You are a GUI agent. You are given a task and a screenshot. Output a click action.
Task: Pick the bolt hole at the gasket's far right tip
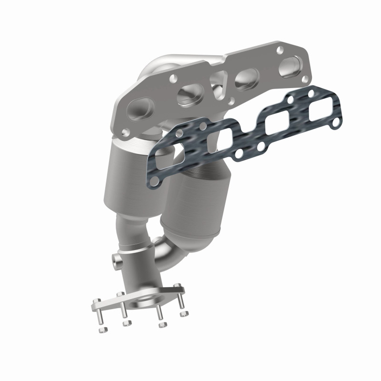[336, 123]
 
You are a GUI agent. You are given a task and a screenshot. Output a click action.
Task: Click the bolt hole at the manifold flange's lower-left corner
[125, 131]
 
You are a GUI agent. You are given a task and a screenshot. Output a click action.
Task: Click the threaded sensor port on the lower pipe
[115, 260]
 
